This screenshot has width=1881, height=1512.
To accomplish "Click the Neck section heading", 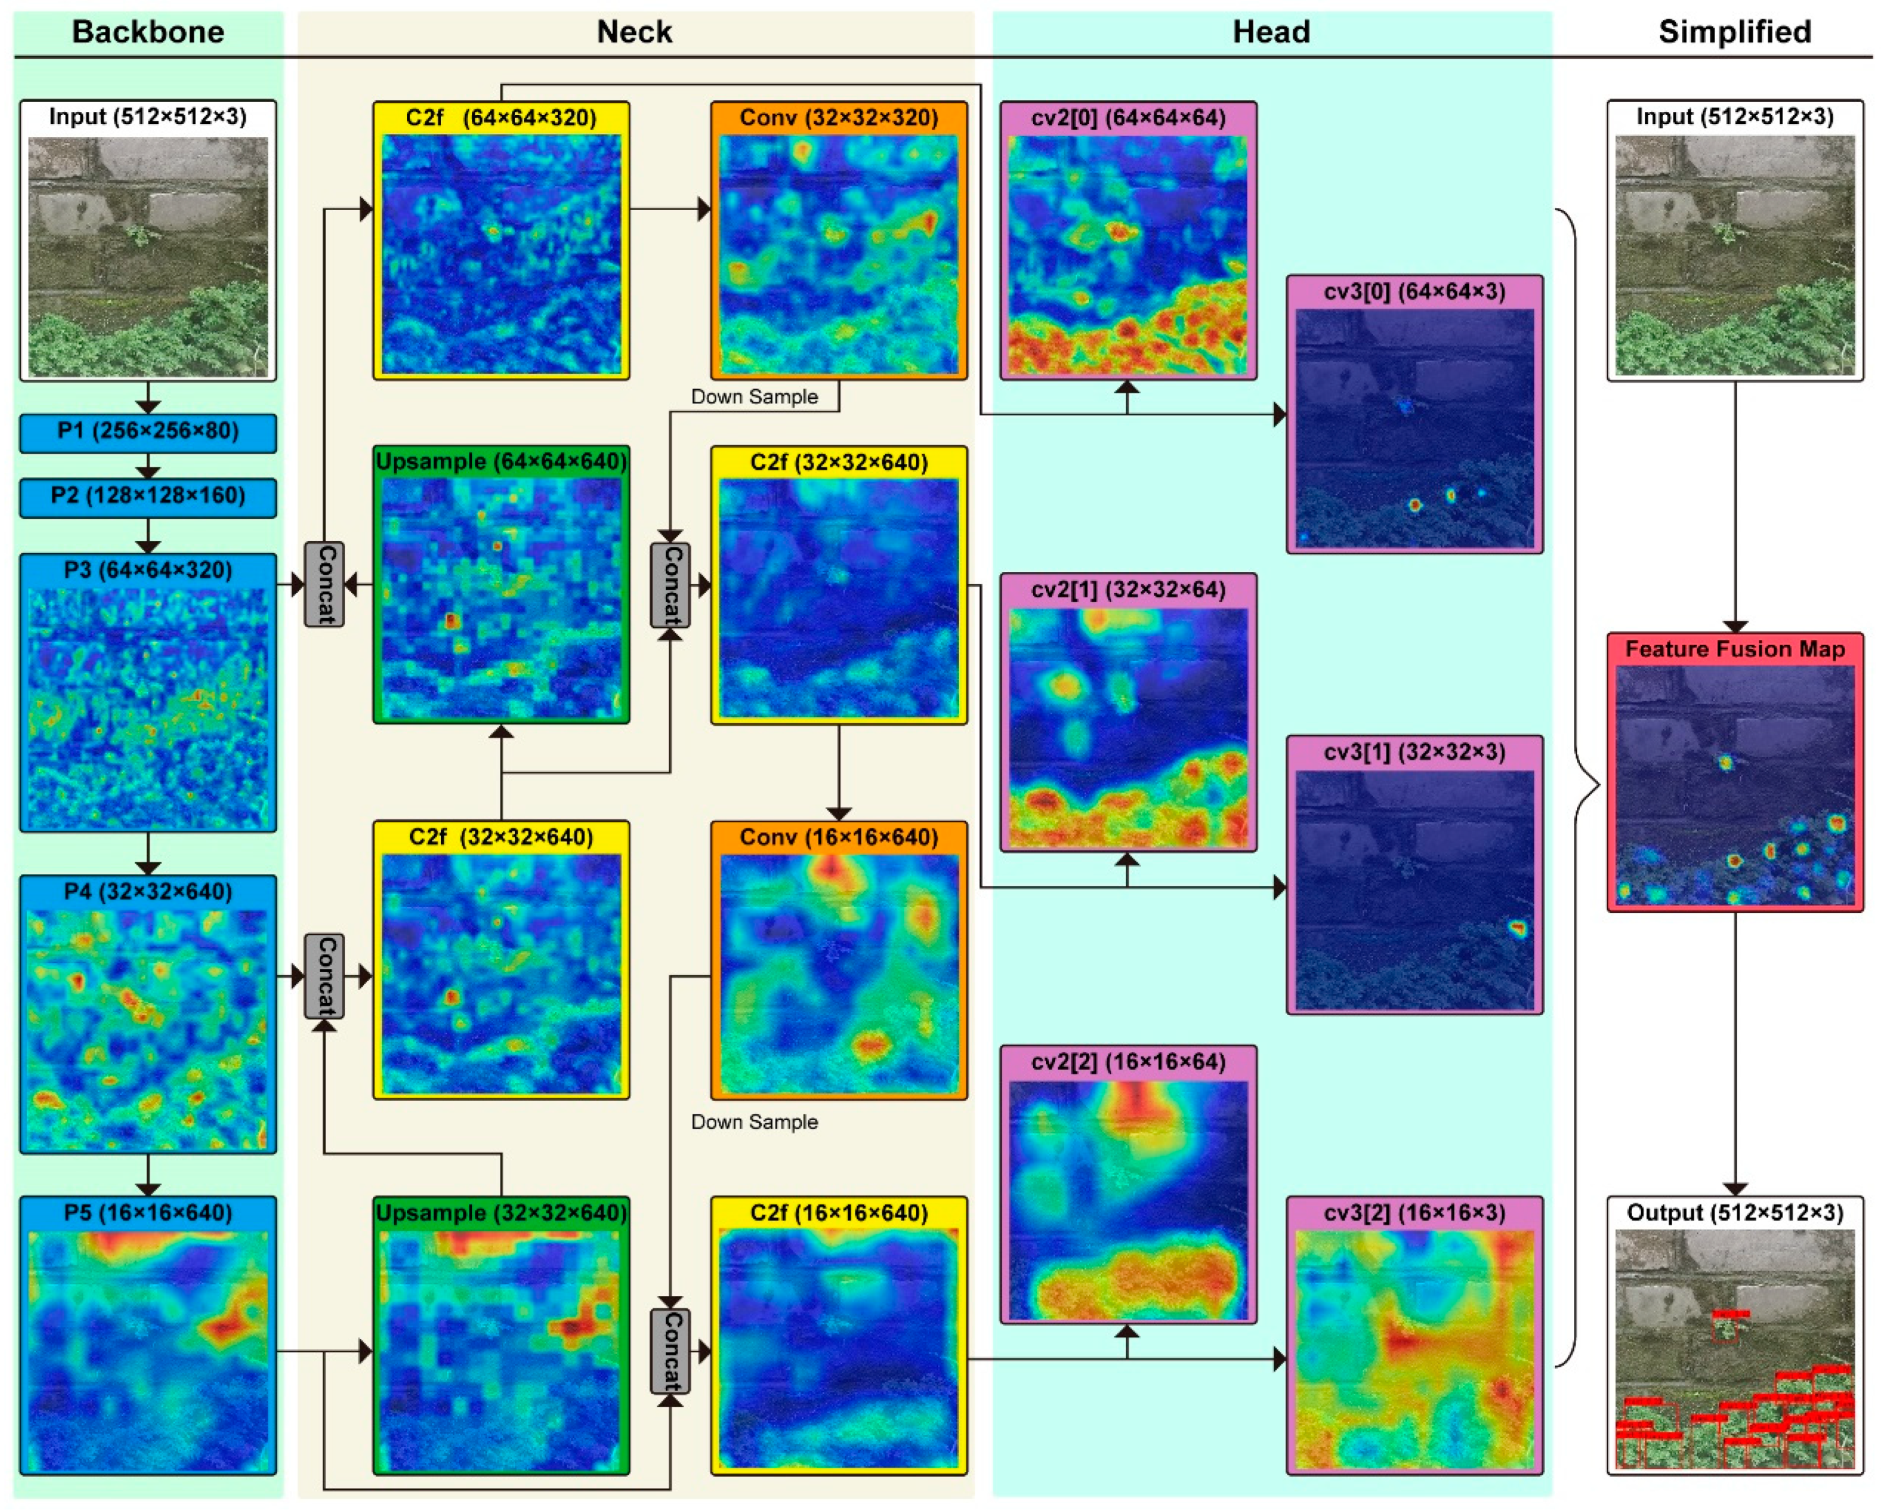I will tap(635, 32).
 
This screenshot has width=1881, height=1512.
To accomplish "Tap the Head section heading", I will tap(1270, 32).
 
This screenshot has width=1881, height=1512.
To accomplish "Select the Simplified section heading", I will tap(1734, 32).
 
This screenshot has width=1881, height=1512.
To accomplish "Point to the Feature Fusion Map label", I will tap(1734, 650).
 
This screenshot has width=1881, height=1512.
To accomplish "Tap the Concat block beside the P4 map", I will tap(324, 975).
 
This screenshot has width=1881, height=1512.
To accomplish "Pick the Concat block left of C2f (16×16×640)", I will tap(670, 1351).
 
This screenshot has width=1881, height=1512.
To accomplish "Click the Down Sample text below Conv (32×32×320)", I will tap(754, 397).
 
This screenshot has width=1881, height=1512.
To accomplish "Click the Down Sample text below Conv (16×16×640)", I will tap(754, 1122).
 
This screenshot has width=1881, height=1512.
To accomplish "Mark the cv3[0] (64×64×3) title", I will tap(1415, 291).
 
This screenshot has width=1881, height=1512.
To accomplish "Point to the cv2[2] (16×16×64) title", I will tap(1128, 1062).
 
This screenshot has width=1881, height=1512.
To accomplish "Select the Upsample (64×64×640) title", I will tap(501, 461).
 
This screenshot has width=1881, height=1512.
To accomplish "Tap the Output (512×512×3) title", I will tap(1734, 1213).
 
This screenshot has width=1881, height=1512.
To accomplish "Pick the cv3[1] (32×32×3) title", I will tap(1415, 752).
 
